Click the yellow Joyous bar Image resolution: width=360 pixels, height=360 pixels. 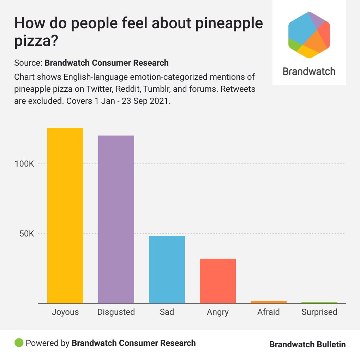pyautogui.click(x=65, y=215)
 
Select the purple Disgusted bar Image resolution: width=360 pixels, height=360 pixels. pyautogui.click(x=116, y=219)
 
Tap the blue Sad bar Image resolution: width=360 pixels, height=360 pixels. pyautogui.click(x=167, y=269)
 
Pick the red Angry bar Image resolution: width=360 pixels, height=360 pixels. pyautogui.click(x=218, y=281)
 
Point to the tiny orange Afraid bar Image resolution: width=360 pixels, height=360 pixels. pyautogui.click(x=269, y=302)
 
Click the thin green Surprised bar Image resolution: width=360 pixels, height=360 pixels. pyautogui.click(x=319, y=302)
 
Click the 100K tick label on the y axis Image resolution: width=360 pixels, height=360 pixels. pyautogui.click(x=24, y=164)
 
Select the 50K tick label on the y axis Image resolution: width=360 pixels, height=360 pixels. pyautogui.click(x=26, y=234)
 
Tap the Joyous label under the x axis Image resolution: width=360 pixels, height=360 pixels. pyautogui.click(x=65, y=312)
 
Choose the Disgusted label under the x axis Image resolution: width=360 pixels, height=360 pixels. pyautogui.click(x=116, y=312)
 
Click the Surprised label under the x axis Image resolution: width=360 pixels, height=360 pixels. pyautogui.click(x=319, y=312)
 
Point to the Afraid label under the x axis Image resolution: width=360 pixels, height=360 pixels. pyautogui.click(x=269, y=312)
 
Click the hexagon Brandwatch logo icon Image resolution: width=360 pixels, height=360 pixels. pyautogui.click(x=309, y=35)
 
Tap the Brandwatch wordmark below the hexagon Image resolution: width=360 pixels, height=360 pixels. pyautogui.click(x=309, y=72)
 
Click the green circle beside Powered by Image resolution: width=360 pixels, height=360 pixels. pyautogui.click(x=19, y=343)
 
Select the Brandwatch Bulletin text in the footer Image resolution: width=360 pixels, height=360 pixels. pyautogui.click(x=307, y=344)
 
